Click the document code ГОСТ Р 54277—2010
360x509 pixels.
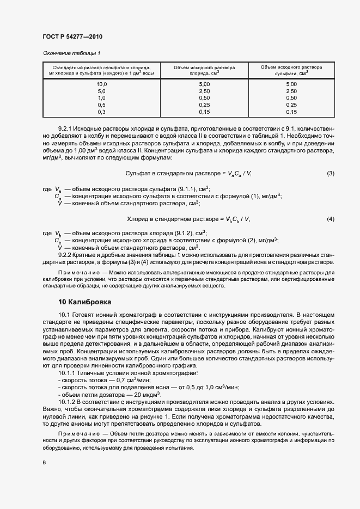click(x=72, y=36)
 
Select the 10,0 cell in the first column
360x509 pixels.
click(x=101, y=84)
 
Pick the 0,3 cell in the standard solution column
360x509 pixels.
click(x=101, y=112)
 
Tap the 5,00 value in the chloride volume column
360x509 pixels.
click(x=204, y=84)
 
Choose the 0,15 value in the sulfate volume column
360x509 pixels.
click(x=291, y=112)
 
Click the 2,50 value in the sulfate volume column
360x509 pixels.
click(x=291, y=91)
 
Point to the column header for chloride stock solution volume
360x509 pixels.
click(x=204, y=70)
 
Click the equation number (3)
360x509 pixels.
click(x=330, y=173)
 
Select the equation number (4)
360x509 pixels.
click(x=330, y=219)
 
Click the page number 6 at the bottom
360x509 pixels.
click(x=44, y=462)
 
